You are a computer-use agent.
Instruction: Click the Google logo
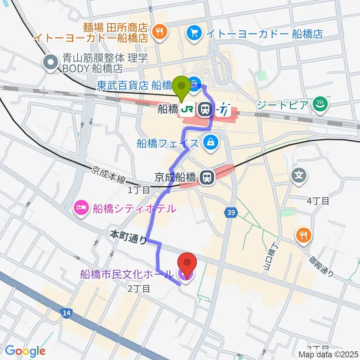(25, 351)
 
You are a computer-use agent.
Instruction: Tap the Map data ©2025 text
(328, 354)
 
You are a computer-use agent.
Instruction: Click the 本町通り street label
(128, 237)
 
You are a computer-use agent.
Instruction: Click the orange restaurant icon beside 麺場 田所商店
(159, 31)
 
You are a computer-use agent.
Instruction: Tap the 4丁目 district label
(318, 201)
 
